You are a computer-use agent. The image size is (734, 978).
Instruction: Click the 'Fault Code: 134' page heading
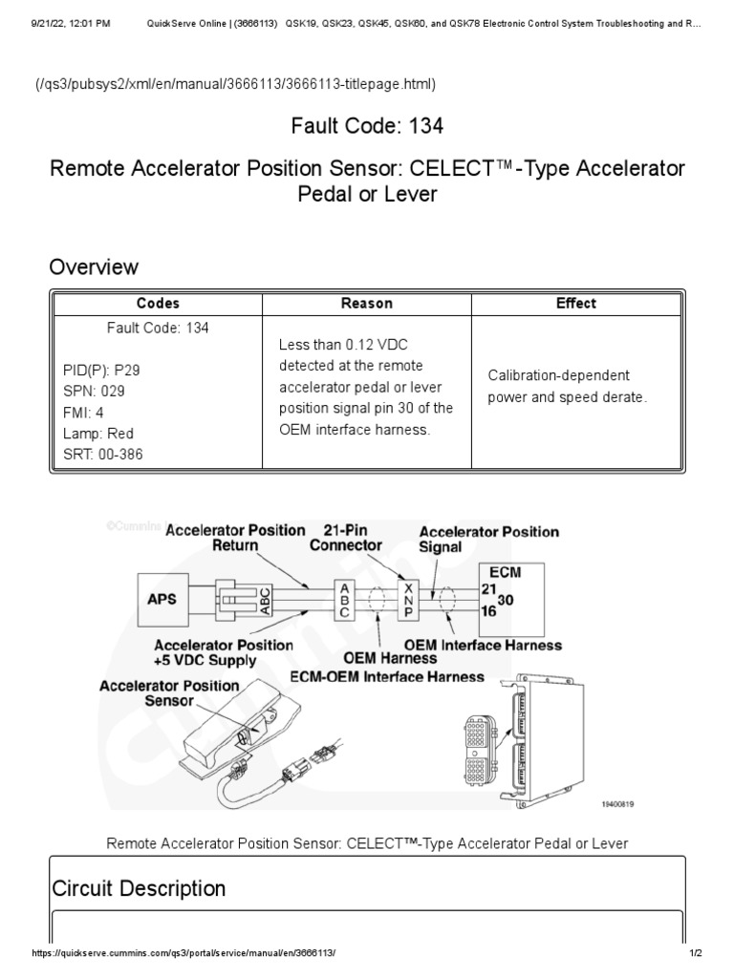[367, 125]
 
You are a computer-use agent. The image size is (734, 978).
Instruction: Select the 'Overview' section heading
[94, 266]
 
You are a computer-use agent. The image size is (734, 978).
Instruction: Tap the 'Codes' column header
[158, 304]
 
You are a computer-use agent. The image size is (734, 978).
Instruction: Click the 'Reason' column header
[367, 304]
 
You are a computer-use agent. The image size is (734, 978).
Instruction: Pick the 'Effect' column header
[575, 304]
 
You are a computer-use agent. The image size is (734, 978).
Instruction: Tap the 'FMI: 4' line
[76, 413]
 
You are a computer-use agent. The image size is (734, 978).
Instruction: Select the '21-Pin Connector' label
[346, 538]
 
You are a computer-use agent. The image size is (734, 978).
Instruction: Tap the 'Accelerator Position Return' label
[235, 538]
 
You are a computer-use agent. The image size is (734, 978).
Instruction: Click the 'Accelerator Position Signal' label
[489, 540]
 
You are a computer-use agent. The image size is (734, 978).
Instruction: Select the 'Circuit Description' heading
[138, 888]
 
